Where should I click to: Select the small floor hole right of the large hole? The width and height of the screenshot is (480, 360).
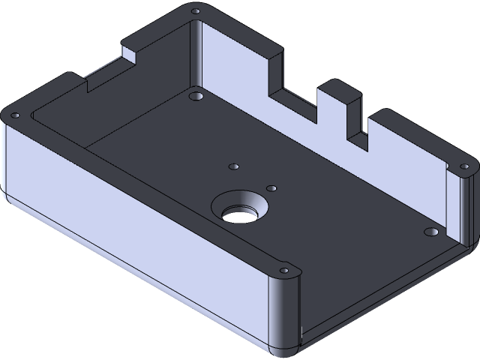click(271, 188)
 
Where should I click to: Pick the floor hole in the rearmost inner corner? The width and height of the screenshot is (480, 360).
click(196, 97)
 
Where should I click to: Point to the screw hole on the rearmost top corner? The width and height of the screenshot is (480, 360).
click(196, 12)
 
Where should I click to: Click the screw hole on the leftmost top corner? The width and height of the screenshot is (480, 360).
click(14, 115)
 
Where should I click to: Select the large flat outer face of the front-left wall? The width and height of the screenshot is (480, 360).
click(135, 225)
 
